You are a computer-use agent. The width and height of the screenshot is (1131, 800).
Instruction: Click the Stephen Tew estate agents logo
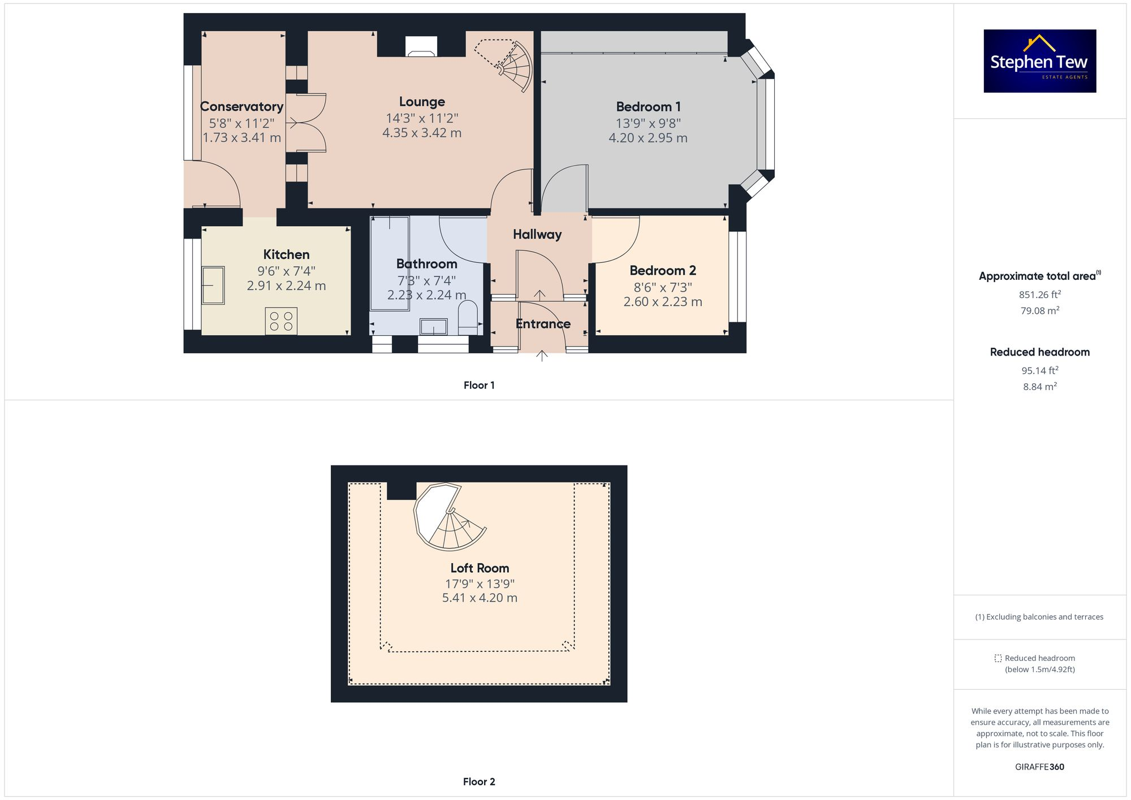1039,61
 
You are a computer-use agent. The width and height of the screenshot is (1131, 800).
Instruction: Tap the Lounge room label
422,102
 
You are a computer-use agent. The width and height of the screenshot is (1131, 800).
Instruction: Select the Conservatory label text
241,106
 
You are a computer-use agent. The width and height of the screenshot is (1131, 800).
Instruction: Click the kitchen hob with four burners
281,321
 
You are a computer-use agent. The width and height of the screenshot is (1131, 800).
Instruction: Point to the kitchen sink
213,285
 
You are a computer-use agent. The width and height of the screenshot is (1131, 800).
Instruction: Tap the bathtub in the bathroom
390,263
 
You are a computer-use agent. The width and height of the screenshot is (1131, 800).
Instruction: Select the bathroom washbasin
434,327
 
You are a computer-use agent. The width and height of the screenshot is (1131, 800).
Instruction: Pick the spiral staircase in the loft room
448,517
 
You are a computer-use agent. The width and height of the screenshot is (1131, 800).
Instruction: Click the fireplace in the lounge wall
421,46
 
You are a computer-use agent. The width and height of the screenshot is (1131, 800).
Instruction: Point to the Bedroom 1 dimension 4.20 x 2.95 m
648,138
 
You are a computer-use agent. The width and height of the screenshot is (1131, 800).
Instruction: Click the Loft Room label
480,568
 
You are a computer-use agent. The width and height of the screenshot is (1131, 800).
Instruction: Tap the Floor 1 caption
479,386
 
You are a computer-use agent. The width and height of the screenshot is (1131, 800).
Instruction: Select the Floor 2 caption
479,782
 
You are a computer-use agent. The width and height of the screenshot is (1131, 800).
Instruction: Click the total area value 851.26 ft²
1039,295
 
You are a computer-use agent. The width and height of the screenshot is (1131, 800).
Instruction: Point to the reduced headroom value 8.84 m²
1039,387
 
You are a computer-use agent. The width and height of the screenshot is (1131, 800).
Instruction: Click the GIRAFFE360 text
1039,767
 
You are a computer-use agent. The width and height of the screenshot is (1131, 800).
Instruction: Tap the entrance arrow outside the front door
542,356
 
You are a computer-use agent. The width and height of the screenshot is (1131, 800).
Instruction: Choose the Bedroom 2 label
663,270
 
